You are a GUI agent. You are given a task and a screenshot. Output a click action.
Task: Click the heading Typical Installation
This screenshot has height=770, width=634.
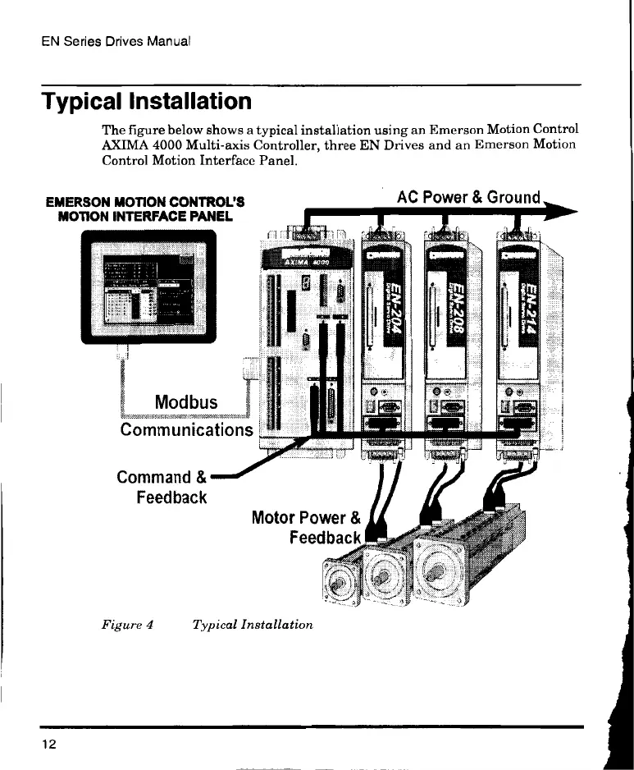pos(147,102)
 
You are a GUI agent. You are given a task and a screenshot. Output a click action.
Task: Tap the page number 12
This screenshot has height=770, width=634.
pos(50,744)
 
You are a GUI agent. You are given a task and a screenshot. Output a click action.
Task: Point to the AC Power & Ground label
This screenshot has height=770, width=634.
pos(468,198)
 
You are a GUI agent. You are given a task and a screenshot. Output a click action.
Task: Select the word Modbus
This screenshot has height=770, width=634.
pos(186,402)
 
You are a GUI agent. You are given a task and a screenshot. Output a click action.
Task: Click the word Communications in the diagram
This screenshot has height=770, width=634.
pos(186,429)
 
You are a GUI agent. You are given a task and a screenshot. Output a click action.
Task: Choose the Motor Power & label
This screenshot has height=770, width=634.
pos(306,518)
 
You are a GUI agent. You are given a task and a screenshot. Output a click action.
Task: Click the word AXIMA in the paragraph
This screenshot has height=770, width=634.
pos(122,145)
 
